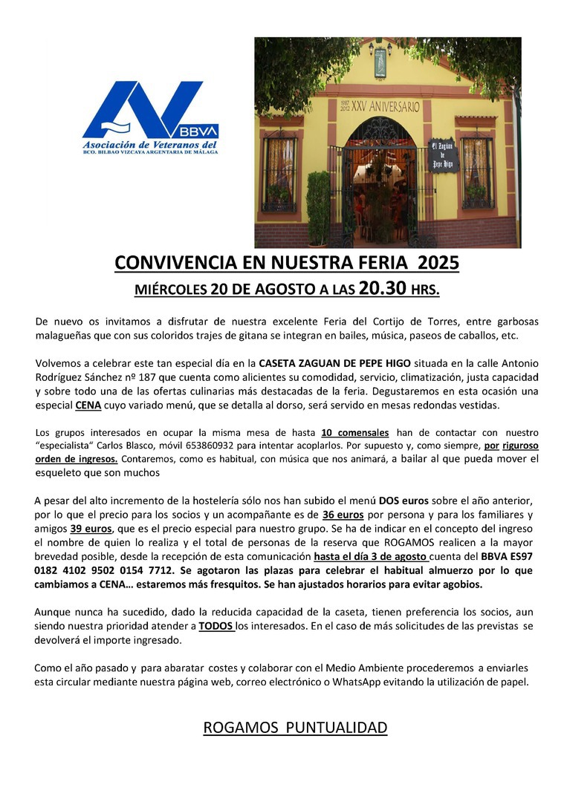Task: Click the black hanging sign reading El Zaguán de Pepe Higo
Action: click(x=443, y=154)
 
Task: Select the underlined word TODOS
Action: click(x=216, y=626)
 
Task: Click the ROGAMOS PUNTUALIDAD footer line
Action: click(x=295, y=727)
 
